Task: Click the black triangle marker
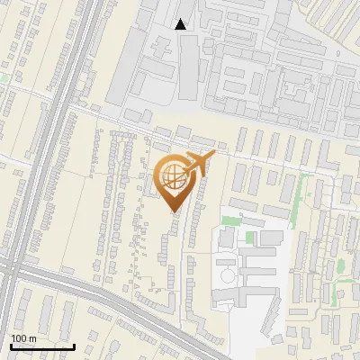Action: (x=181, y=24)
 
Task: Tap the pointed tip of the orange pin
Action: (x=174, y=211)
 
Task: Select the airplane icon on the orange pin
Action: (x=200, y=162)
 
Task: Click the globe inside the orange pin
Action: (x=173, y=177)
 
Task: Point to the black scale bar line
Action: (x=42, y=346)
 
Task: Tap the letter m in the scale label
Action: (x=32, y=338)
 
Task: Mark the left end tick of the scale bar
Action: (x=11, y=346)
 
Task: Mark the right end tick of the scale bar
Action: (x=74, y=346)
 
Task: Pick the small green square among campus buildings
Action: (x=253, y=237)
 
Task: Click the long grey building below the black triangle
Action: (x=186, y=67)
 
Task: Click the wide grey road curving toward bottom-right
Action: (x=135, y=311)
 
